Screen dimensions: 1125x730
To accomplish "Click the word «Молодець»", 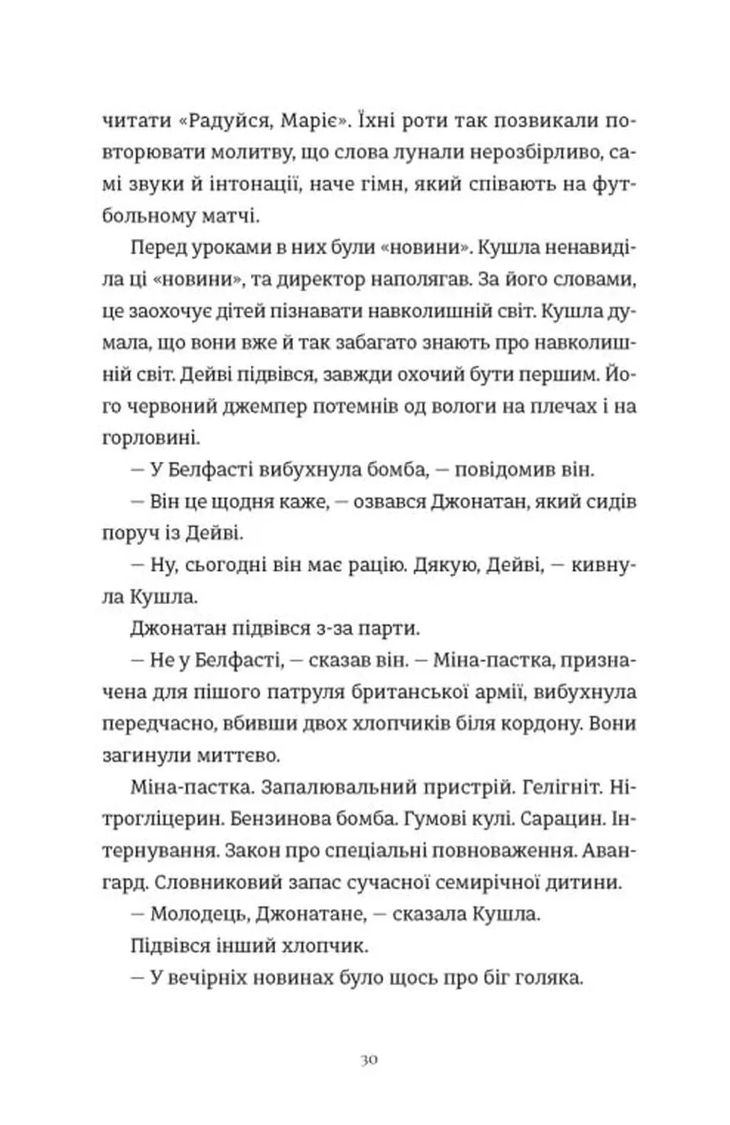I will tap(196, 914).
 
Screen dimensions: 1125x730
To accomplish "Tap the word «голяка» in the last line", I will tap(544, 978).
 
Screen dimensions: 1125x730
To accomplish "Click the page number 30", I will tap(369, 1059).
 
